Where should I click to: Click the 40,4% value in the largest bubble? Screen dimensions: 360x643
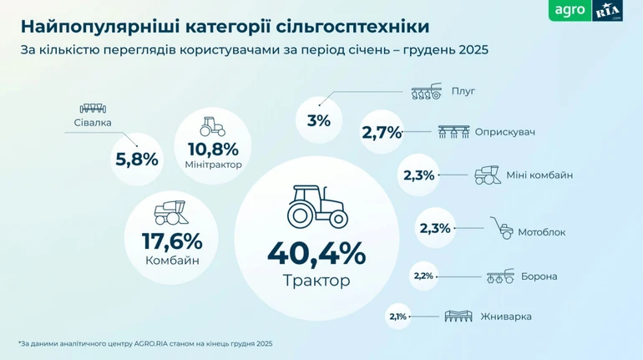tap(316, 252)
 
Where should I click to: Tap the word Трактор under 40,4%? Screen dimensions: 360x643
tap(316, 281)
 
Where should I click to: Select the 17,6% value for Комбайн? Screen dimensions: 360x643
tap(172, 241)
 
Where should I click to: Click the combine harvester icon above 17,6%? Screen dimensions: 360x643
tap(171, 210)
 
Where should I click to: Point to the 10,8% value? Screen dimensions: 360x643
tap(213, 149)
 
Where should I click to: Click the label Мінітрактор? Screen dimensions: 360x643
tap(213, 165)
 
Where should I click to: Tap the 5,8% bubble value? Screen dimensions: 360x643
tap(136, 158)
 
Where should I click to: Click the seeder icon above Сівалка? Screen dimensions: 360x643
tap(92, 109)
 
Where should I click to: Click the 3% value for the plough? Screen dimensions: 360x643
tap(318, 120)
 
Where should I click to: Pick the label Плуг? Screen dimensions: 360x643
tap(463, 91)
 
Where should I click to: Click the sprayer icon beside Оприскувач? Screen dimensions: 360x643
tap(453, 132)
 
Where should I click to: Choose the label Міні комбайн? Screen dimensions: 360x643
tap(539, 175)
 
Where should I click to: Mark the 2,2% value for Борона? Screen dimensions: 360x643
tap(423, 276)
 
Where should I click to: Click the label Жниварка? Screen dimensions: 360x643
tap(512, 317)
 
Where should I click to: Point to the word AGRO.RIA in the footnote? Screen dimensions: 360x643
tap(129, 343)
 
